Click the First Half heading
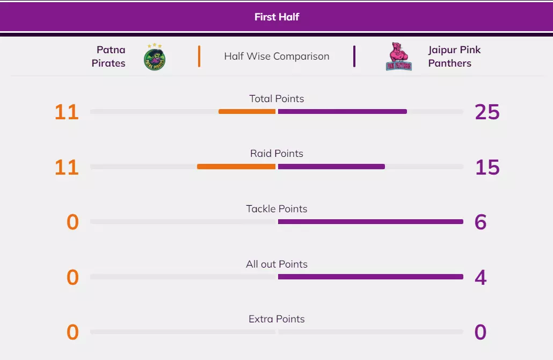(x=276, y=17)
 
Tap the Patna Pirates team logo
(x=155, y=57)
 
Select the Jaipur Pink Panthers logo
(x=399, y=57)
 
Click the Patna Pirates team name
(x=109, y=56)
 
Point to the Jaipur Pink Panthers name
(x=454, y=56)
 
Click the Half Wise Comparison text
(x=276, y=56)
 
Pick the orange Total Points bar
(x=247, y=112)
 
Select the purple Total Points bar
(x=343, y=112)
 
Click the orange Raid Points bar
(x=236, y=167)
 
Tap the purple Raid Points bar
(x=331, y=167)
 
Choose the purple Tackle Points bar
(x=370, y=221)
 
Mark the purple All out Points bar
(x=370, y=277)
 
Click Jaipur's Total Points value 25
(x=487, y=112)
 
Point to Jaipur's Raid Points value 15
(x=487, y=167)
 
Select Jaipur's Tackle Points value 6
(x=481, y=222)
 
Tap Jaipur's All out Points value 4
(x=481, y=277)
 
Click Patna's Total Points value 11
(x=67, y=112)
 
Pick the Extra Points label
(x=276, y=319)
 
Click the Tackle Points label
(x=276, y=208)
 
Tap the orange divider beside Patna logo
(x=199, y=56)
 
